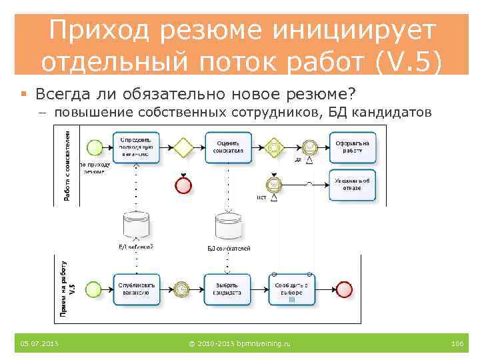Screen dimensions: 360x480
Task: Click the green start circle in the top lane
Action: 95,146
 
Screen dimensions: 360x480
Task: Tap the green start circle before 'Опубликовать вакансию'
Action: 95,288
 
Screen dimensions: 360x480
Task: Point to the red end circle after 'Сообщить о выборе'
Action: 344,289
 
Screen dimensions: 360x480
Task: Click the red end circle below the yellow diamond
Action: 182,184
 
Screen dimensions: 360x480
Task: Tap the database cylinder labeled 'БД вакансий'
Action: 136,225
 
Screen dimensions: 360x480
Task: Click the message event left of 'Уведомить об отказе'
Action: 273,183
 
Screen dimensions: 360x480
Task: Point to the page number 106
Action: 457,343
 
